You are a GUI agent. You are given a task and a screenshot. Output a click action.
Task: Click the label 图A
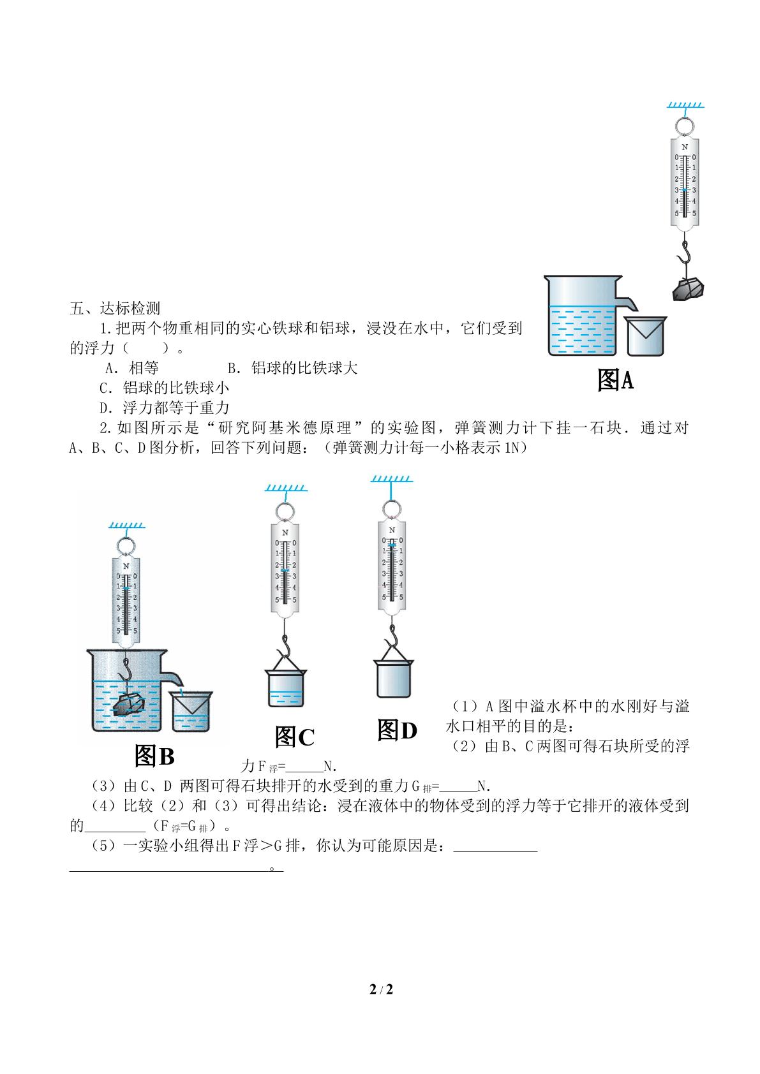615,380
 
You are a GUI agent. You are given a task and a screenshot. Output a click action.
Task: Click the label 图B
154,756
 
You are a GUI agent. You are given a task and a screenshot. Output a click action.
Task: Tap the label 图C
294,737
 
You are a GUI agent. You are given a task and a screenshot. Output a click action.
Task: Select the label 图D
397,730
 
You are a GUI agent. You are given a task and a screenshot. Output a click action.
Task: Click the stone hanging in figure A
688,289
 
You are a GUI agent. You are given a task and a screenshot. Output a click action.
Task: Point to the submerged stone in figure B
129,704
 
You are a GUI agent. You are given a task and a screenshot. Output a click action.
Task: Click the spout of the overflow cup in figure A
628,302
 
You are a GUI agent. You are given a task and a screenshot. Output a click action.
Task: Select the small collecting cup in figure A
645,336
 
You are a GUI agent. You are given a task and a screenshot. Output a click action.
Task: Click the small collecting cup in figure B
191,711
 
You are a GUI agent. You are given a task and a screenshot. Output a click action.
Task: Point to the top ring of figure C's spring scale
285,511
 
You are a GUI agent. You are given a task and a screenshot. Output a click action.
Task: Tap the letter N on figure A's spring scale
685,147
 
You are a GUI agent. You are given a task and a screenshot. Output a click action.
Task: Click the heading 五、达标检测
115,308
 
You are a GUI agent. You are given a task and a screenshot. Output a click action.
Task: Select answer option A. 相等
131,368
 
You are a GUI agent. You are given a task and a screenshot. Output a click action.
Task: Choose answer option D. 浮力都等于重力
164,408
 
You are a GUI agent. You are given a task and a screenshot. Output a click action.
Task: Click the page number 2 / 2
381,989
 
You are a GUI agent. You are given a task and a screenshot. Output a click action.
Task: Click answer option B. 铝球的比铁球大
292,368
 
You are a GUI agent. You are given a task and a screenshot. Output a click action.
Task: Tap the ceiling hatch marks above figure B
126,525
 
